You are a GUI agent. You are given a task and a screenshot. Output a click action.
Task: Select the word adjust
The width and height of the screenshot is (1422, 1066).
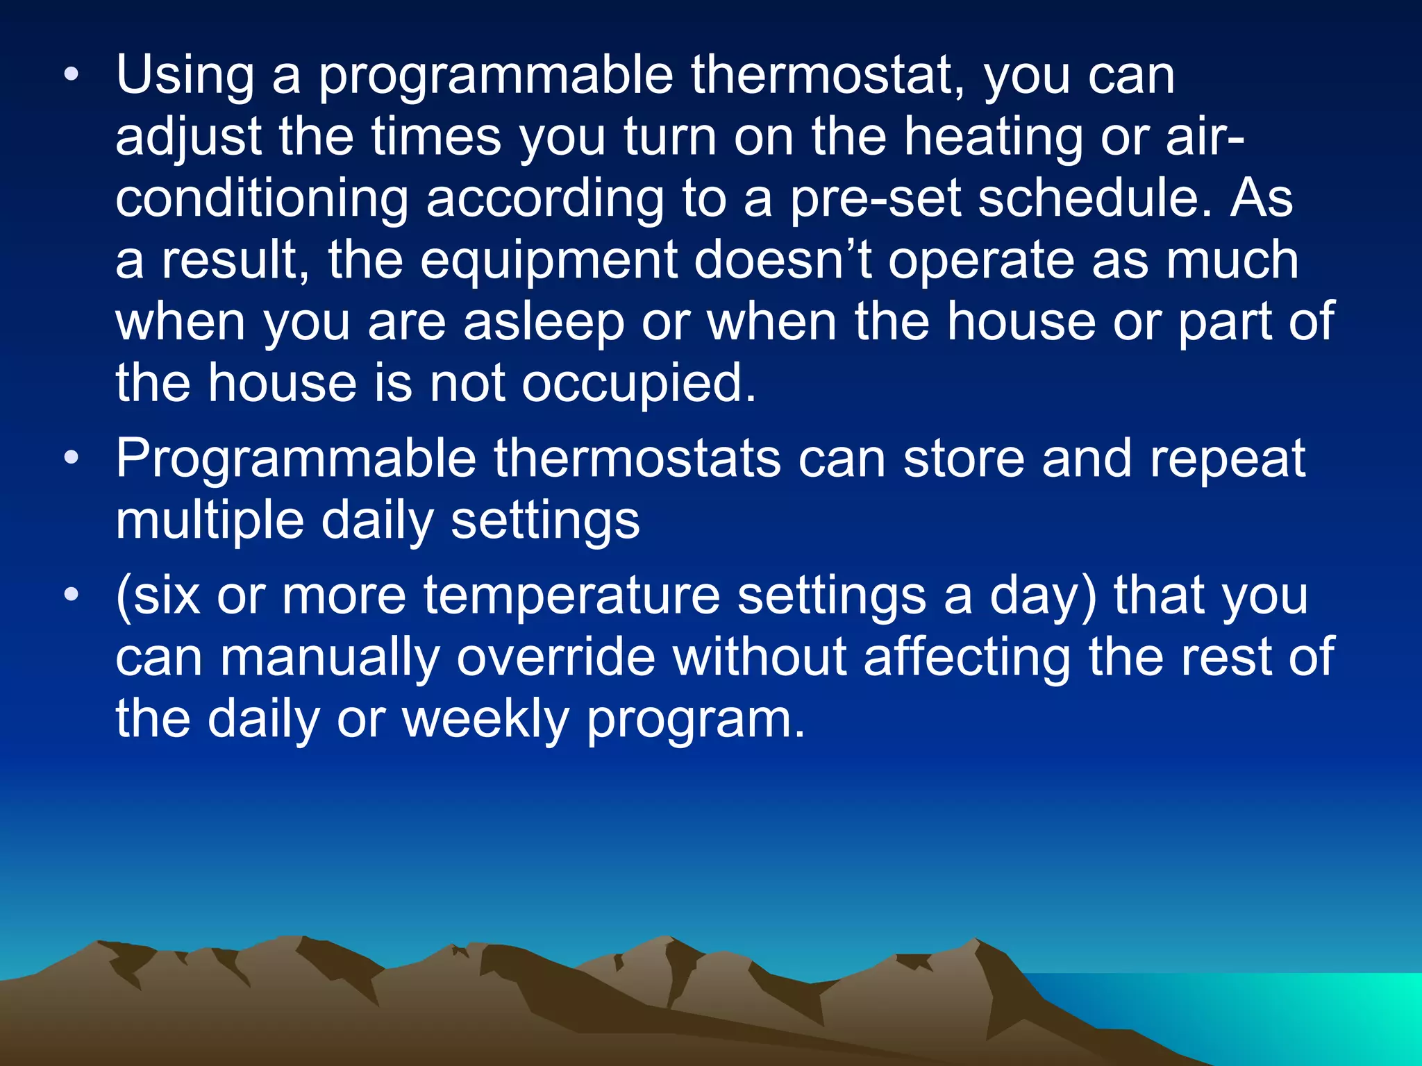(188, 137)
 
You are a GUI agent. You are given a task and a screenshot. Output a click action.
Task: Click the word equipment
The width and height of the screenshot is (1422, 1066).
(549, 261)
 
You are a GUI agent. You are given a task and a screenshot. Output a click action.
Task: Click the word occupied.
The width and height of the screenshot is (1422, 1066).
(638, 384)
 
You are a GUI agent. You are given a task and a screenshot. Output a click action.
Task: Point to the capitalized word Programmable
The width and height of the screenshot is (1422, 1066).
(296, 460)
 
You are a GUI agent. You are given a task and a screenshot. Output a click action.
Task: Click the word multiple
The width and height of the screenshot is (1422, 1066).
(209, 521)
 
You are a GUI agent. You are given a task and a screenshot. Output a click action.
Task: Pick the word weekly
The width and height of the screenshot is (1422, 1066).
(486, 719)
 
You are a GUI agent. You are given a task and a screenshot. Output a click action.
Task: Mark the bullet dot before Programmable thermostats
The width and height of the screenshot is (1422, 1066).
(71, 459)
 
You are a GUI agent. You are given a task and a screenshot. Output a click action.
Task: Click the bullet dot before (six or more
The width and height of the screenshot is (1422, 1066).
(71, 595)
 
